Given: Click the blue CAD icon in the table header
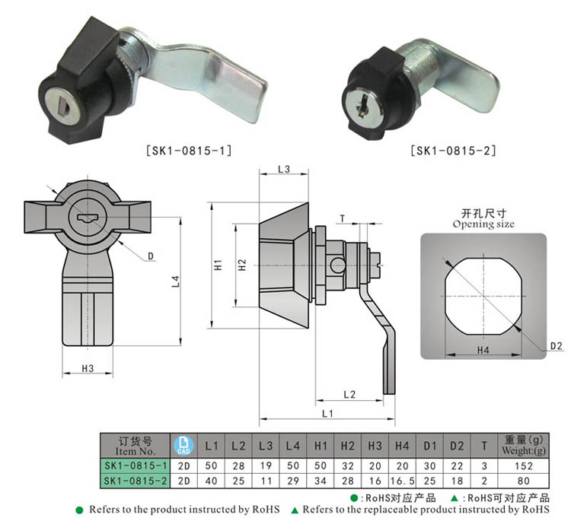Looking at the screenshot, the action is pyautogui.click(x=183, y=446).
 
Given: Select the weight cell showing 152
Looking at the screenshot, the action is pyautogui.click(x=524, y=466).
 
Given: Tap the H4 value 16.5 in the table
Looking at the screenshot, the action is pyautogui.click(x=402, y=481).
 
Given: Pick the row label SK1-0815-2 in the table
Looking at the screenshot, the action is pyautogui.click(x=135, y=481).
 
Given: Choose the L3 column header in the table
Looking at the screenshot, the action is pyautogui.click(x=266, y=446).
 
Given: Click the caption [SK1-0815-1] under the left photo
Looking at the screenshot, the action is pyautogui.click(x=189, y=151).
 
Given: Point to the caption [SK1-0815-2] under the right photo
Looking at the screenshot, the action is pyautogui.click(x=453, y=151).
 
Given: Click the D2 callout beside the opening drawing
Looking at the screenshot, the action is pyautogui.click(x=556, y=346).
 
